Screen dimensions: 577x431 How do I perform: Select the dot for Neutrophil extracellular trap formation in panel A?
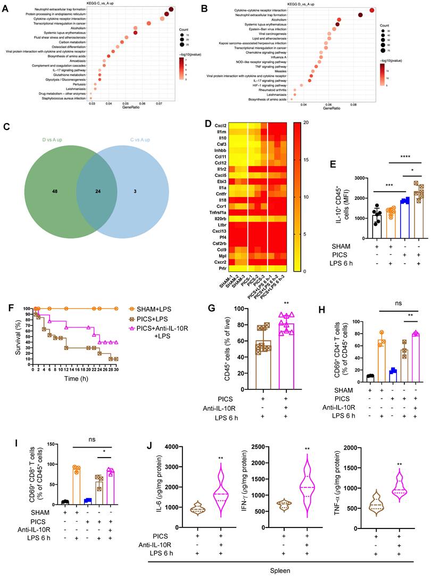click(171, 10)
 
